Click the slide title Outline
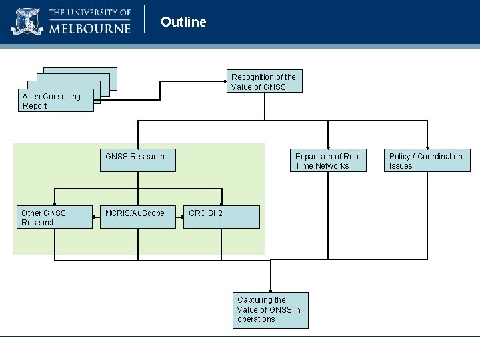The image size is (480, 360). [183, 22]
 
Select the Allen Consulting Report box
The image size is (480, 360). [57, 101]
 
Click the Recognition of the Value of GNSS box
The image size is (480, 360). [264, 82]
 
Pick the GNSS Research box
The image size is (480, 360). [137, 161]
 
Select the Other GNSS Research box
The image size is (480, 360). [54, 217]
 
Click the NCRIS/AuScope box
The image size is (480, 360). [137, 217]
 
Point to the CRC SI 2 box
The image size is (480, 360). [221, 217]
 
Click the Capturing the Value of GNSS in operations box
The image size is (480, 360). [271, 310]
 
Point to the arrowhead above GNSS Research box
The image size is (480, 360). [137, 146]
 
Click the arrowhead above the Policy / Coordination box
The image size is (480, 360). [427, 146]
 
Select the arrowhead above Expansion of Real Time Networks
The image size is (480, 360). [328, 146]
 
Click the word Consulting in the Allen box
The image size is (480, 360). [61, 97]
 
